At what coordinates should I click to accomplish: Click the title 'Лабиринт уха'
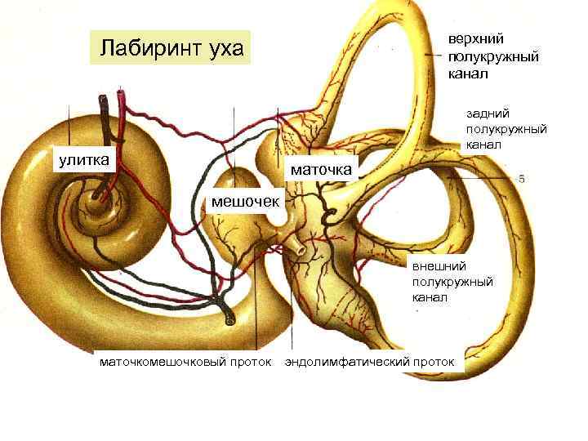pos(171,48)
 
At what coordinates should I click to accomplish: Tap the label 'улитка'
pos(82,158)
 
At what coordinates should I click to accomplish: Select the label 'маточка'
pos(322,169)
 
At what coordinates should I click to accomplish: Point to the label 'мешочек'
pos(245,199)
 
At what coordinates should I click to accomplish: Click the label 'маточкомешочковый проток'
pos(185,360)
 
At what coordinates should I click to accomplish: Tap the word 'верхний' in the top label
pos(475,38)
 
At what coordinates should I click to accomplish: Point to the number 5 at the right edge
pos(521,179)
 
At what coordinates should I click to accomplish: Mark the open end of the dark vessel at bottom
pos(230,320)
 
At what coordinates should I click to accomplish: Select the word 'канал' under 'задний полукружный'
pos(483,145)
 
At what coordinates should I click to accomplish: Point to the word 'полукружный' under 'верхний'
pos(492,56)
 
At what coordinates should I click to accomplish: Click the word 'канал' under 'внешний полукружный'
pos(430,296)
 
